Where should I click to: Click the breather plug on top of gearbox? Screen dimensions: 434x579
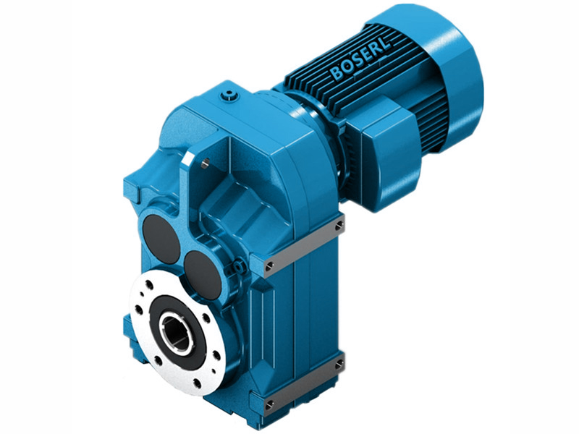[x=230, y=94]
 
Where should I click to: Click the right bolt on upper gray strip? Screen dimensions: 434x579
[x=339, y=226]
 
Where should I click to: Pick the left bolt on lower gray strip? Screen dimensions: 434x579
[x=269, y=403]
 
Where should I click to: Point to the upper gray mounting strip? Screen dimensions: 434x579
[x=304, y=247]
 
